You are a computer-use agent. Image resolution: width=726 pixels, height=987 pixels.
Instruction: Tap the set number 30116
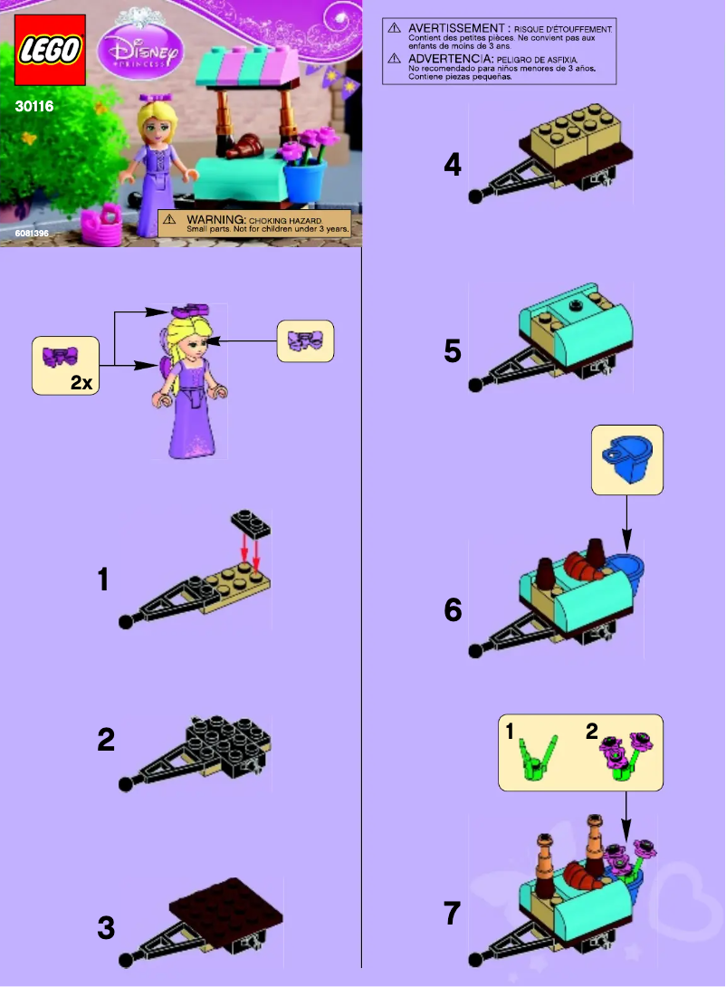pyautogui.click(x=34, y=107)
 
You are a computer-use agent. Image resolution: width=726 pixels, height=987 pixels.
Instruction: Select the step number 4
pyautogui.click(x=453, y=166)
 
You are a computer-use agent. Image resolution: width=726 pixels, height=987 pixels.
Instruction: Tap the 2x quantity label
pyautogui.click(x=81, y=383)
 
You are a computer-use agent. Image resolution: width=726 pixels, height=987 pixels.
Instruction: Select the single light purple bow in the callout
pyautogui.click(x=306, y=341)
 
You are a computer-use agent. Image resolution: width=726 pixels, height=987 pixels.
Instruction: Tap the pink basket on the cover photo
pyautogui.click(x=101, y=225)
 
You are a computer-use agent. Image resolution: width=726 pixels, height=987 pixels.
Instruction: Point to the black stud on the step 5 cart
pyautogui.click(x=574, y=307)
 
